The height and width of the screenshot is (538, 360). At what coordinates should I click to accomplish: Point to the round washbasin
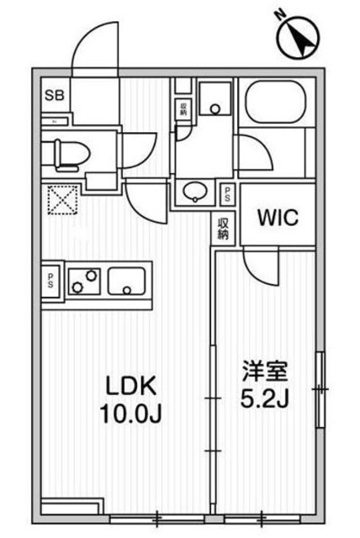(x=194, y=191)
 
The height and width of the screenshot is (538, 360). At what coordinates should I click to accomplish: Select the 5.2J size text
(x=267, y=398)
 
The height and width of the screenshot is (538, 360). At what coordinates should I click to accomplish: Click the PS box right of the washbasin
(x=228, y=194)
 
